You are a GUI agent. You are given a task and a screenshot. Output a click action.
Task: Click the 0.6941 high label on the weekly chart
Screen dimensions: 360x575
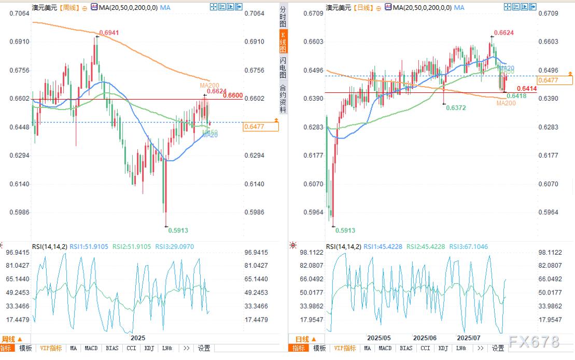(x=108, y=33)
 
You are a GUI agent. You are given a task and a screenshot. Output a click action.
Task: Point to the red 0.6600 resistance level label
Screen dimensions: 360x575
(x=232, y=95)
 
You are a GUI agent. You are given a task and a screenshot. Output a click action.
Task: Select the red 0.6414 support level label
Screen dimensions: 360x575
(x=527, y=89)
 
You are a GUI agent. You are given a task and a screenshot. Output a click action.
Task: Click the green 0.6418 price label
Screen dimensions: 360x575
(x=516, y=96)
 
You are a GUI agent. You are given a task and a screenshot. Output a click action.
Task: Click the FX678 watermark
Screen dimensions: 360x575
(x=534, y=342)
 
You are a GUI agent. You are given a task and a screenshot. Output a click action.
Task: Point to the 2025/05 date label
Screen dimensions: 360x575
(x=378, y=337)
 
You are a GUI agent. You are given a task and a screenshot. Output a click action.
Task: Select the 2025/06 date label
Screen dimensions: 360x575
(x=425, y=337)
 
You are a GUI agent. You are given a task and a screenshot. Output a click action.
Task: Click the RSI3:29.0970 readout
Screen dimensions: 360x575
(x=175, y=247)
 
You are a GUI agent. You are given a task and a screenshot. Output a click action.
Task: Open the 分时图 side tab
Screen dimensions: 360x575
(x=283, y=17)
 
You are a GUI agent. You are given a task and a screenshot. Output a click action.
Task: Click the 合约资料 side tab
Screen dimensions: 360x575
(x=283, y=99)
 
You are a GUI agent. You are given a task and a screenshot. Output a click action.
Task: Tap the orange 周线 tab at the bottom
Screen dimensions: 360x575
(x=10, y=339)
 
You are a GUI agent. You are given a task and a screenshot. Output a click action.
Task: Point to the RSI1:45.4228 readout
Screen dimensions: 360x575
(x=383, y=247)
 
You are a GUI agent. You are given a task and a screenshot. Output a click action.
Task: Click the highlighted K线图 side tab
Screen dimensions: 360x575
(x=283, y=42)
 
